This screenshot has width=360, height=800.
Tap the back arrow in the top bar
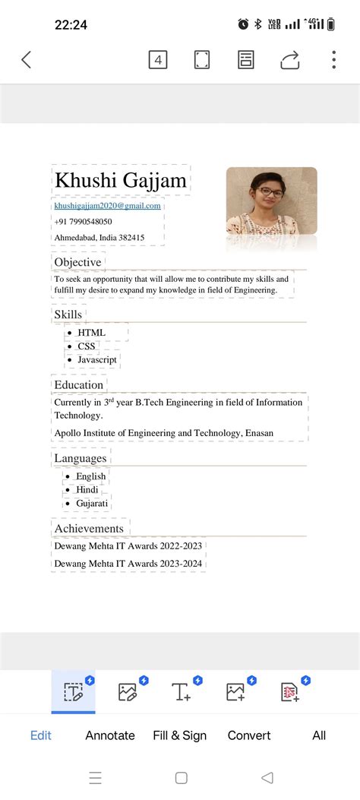(27, 60)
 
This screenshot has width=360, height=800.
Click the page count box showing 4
(157, 60)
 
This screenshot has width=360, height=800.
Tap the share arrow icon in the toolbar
(290, 60)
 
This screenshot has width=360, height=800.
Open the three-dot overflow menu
(334, 60)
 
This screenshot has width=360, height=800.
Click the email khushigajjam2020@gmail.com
(107, 206)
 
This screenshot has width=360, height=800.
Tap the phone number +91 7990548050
(83, 222)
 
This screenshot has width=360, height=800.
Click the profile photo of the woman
(271, 201)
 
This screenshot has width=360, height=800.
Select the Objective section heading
(77, 262)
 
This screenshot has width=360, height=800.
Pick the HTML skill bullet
(91, 332)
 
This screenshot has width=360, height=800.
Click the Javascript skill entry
(97, 359)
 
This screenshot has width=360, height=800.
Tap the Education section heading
(78, 385)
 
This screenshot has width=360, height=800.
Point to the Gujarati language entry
(92, 503)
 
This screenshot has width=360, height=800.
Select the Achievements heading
(89, 528)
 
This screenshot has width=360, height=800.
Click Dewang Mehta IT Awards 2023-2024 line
(128, 564)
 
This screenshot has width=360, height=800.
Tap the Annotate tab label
(110, 735)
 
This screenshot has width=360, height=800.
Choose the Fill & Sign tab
(179, 735)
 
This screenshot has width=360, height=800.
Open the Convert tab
(249, 735)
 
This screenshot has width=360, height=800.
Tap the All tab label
(319, 735)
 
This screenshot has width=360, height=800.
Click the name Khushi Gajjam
(121, 181)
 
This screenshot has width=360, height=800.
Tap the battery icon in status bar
(330, 24)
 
